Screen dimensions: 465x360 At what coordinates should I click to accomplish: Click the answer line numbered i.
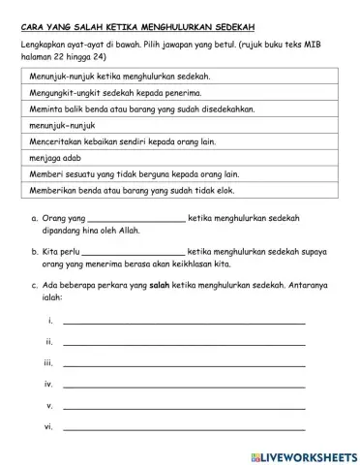[x=184, y=322]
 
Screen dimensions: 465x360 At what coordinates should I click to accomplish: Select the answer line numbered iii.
[x=184, y=364]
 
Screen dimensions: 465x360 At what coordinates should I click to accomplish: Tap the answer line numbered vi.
[x=184, y=427]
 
